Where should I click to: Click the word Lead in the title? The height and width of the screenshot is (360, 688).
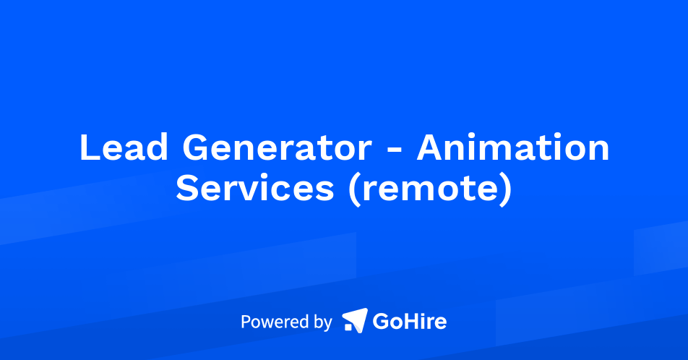click(123, 148)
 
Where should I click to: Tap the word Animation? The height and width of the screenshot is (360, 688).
click(512, 148)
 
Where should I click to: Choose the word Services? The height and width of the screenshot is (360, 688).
click(254, 189)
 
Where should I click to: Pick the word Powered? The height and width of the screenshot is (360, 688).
click(274, 322)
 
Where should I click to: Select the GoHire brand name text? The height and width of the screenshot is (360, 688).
click(409, 321)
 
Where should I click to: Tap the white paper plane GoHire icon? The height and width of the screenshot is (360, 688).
click(354, 320)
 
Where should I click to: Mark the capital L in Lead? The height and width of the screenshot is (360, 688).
click(87, 148)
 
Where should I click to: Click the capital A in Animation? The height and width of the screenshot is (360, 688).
click(432, 148)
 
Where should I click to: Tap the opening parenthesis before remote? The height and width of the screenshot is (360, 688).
click(356, 189)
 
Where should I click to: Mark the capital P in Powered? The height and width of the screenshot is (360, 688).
click(246, 321)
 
